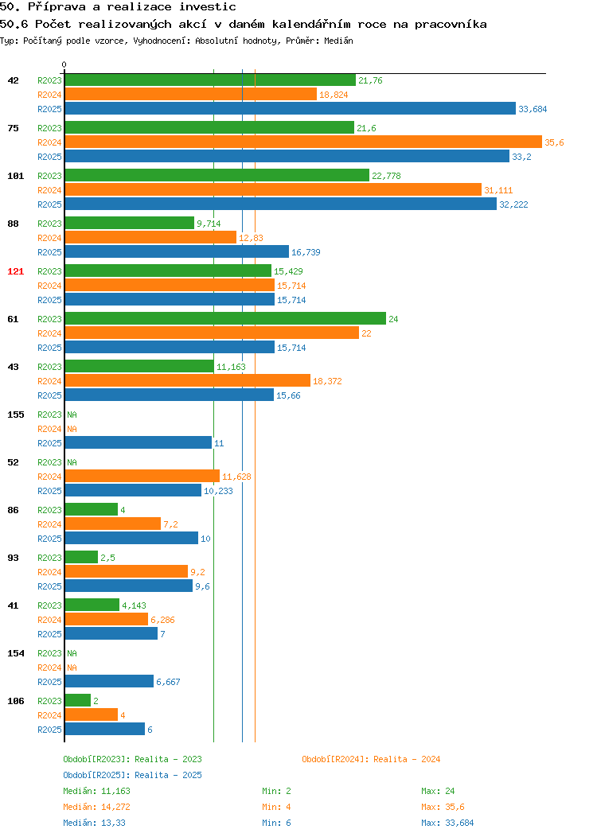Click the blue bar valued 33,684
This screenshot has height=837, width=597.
pyautogui.click(x=291, y=108)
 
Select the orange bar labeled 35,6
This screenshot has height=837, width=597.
pyautogui.click(x=303, y=142)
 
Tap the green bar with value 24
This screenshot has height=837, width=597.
pyautogui.click(x=225, y=319)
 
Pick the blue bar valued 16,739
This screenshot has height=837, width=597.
pyautogui.click(x=177, y=252)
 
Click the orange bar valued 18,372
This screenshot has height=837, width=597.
pyautogui.click(x=187, y=380)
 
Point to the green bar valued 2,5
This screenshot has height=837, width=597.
pyautogui.click(x=82, y=557)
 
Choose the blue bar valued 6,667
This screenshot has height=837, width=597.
pyautogui.click(x=110, y=682)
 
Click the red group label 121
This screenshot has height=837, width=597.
pyautogui.click(x=15, y=271)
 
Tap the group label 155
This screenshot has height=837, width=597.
pyautogui.click(x=15, y=415)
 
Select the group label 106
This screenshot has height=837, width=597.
pyautogui.click(x=15, y=701)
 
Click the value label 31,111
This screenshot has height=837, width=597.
pyautogui.click(x=498, y=190)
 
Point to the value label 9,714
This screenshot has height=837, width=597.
pyautogui.click(x=209, y=224)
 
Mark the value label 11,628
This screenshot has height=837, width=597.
pyautogui.click(x=236, y=477)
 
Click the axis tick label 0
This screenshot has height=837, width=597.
pyautogui.click(x=64, y=64)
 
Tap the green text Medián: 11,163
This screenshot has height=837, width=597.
pyautogui.click(x=96, y=791)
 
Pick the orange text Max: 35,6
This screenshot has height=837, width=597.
pyautogui.click(x=443, y=807)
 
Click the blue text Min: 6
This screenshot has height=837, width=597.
pyautogui.click(x=276, y=823)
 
